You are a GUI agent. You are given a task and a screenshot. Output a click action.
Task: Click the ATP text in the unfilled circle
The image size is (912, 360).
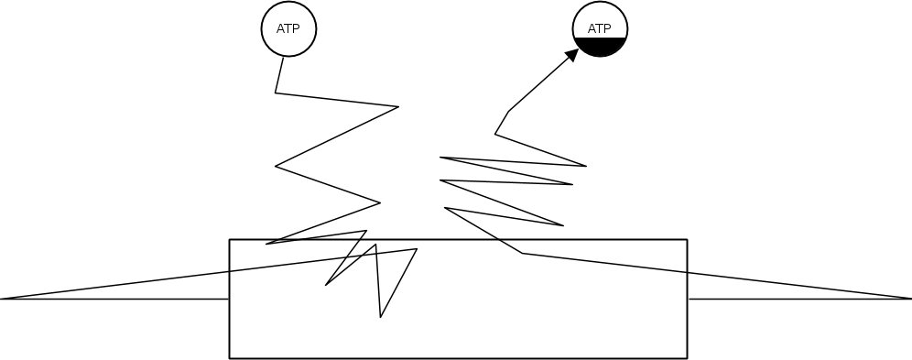[x=288, y=28]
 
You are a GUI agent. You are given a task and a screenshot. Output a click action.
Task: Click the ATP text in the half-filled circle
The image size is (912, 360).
[x=599, y=28]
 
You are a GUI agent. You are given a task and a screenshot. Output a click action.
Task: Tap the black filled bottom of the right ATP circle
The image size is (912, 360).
[x=600, y=47]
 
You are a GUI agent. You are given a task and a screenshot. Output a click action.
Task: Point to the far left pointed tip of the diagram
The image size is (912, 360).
[x=3, y=299]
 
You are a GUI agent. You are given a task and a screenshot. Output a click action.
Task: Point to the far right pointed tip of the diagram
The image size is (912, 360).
[x=909, y=299]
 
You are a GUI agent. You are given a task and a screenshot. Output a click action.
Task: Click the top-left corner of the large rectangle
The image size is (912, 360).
[x=229, y=240]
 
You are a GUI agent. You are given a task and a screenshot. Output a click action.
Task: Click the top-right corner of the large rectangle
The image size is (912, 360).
[x=687, y=240]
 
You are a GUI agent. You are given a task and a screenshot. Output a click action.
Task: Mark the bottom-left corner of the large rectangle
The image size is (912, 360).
[x=229, y=357]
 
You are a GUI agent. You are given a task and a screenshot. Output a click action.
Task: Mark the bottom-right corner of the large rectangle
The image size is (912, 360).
[x=687, y=357]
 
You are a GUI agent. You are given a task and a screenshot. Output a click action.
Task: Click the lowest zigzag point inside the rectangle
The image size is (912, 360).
[x=381, y=318]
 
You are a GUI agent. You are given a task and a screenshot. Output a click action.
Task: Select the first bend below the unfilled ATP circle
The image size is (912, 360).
[x=276, y=93]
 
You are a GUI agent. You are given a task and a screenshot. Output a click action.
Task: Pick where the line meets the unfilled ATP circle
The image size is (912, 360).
[x=283, y=57]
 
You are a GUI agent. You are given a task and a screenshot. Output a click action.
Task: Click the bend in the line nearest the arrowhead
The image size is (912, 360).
[x=508, y=112]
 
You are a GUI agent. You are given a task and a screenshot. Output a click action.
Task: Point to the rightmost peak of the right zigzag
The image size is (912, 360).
[x=586, y=166]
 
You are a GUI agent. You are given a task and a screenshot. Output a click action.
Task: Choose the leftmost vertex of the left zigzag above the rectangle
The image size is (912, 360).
[x=276, y=166]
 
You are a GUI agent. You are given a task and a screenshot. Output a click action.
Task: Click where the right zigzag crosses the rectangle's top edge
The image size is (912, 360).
[x=502, y=240]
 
